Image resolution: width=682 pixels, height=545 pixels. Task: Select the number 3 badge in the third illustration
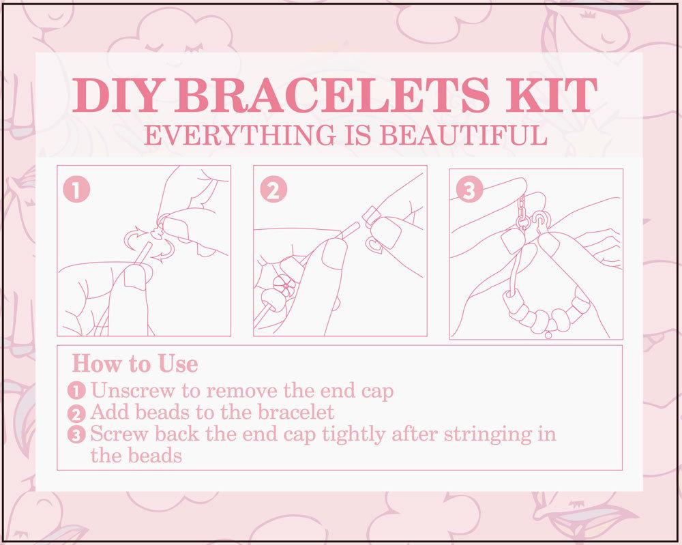(469, 190)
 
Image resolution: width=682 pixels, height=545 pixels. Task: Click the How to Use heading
(134, 363)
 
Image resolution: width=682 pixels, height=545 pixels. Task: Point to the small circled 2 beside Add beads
(78, 413)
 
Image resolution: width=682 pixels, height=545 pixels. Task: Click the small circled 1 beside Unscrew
(78, 392)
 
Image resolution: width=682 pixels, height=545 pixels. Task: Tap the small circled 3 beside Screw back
(78, 434)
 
